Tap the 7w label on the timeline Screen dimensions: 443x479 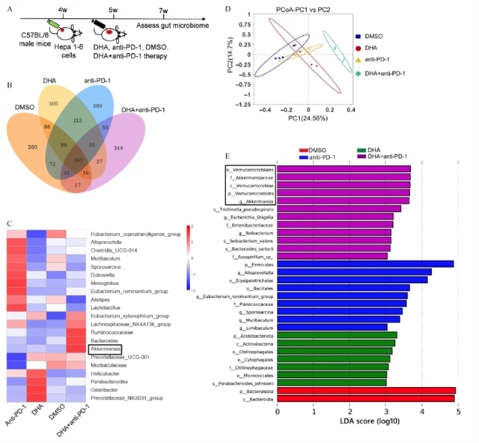(x=164, y=11)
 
